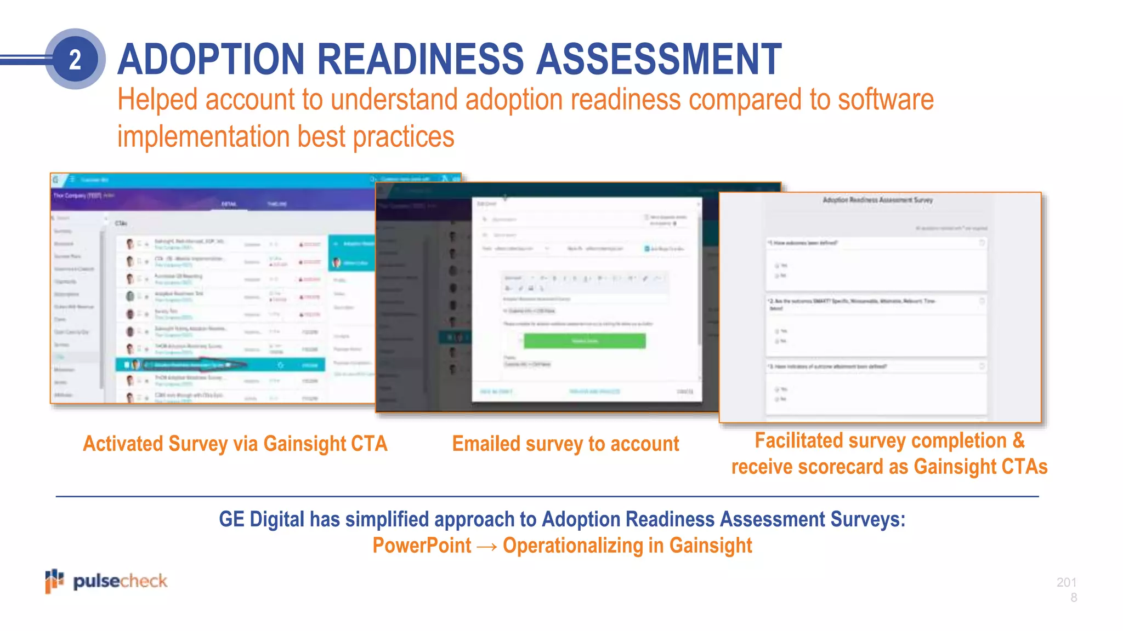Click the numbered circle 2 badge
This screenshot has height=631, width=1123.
click(75, 59)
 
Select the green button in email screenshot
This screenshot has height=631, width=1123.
click(585, 341)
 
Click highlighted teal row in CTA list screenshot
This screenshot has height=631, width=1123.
click(219, 364)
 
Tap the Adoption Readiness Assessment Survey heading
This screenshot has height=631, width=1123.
click(877, 200)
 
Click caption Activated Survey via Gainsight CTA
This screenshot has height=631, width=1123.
click(235, 444)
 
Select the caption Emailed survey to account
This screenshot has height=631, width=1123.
click(565, 444)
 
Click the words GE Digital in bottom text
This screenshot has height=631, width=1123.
click(261, 519)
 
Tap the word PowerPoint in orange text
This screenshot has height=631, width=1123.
click(422, 546)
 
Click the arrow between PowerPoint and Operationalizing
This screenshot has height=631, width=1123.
click(487, 547)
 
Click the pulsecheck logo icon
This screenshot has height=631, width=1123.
click(54, 581)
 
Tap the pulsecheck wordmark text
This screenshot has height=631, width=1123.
click(120, 581)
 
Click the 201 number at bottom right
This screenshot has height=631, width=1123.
click(1067, 582)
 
